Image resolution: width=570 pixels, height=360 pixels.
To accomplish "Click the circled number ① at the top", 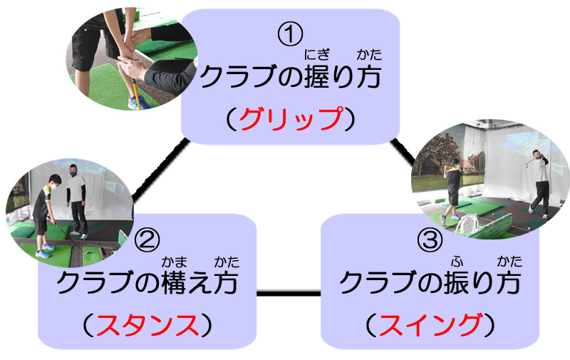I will (290, 32).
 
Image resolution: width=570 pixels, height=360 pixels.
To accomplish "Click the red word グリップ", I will (291, 119).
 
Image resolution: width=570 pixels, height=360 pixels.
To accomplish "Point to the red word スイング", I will (430, 326).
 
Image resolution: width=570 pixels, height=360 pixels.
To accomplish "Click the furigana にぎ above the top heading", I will (313, 53).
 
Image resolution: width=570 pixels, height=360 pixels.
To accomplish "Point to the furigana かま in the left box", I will (170, 261).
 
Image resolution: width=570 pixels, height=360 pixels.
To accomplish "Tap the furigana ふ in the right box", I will (453, 261).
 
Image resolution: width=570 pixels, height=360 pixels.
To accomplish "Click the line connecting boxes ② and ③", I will (288, 293).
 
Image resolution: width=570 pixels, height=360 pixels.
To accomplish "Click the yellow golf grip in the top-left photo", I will (134, 89).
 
